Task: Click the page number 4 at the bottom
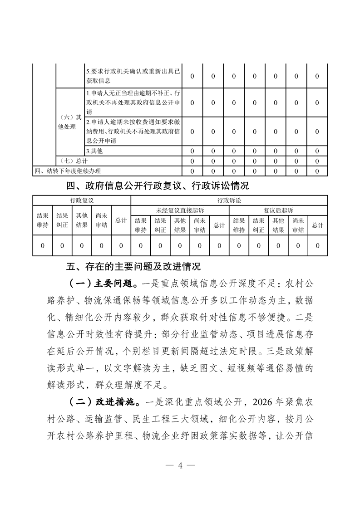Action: pyautogui.click(x=180, y=466)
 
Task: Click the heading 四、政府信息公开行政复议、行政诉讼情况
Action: pyautogui.click(x=158, y=186)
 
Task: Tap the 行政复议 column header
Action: pyautogui.click(x=82, y=200)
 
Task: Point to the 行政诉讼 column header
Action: pyautogui.click(x=229, y=200)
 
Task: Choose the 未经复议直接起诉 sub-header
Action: pyautogui.click(x=180, y=210)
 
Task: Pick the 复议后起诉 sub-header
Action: pyautogui.click(x=278, y=210)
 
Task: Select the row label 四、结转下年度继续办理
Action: pyautogui.click(x=68, y=171)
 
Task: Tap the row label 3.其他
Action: pyautogui.click(x=94, y=151)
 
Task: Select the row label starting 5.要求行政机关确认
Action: pyautogui.click(x=133, y=76)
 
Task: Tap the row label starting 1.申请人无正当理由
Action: pyautogui.click(x=133, y=102)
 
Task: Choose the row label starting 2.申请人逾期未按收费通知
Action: pyautogui.click(x=133, y=131)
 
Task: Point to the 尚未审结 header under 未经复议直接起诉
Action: pyautogui.click(x=200, y=225)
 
